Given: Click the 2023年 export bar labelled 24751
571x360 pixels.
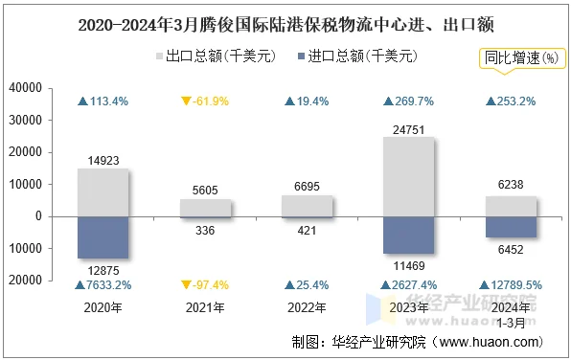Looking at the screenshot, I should [408, 176].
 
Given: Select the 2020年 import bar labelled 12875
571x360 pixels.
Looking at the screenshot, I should [103, 236].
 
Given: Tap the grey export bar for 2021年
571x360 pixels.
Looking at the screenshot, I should [205, 207].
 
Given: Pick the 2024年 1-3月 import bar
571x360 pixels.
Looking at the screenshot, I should [510, 226].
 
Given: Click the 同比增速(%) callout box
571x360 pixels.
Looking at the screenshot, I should [521, 57].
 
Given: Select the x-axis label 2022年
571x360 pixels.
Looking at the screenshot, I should [307, 307].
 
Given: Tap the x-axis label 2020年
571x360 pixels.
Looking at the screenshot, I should [103, 307].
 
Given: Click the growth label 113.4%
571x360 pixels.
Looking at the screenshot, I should [103, 101].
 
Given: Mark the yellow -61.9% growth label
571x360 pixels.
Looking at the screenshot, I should [205, 101].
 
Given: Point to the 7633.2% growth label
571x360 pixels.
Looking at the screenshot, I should [103, 284].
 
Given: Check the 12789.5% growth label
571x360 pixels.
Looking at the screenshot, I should [510, 284].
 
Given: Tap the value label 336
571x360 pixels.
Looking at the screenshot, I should [205, 230].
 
